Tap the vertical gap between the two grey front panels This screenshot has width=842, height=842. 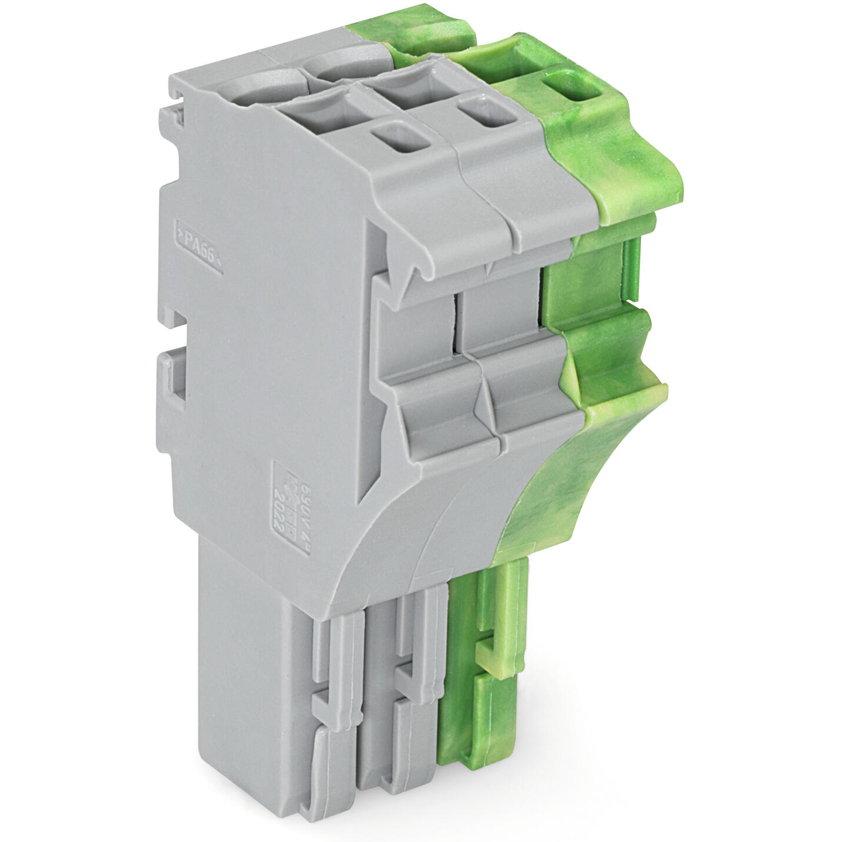457,323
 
